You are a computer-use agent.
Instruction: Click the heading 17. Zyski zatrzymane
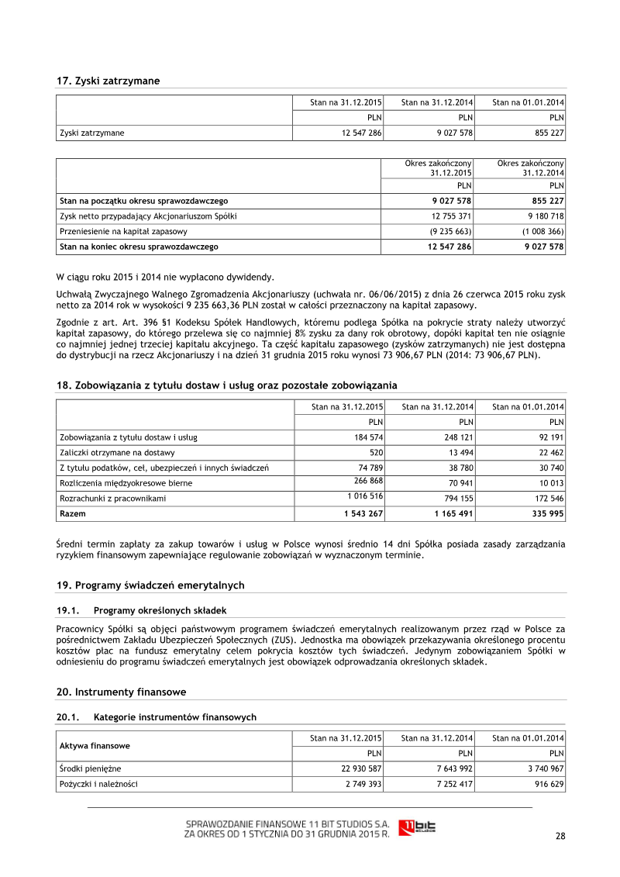pyautogui.click(x=108, y=81)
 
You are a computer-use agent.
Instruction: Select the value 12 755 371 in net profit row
pyautogui.click(x=451, y=216)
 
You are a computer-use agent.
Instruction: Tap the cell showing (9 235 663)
pyautogui.click(x=452, y=231)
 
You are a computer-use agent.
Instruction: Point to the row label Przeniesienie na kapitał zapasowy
pyautogui.click(x=123, y=231)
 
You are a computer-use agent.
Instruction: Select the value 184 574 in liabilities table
pyautogui.click(x=365, y=437)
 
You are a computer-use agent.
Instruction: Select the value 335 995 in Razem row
pyautogui.click(x=546, y=513)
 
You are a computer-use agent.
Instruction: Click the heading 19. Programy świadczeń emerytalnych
pyautogui.click(x=150, y=585)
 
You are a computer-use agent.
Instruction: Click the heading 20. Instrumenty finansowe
pyautogui.click(x=121, y=692)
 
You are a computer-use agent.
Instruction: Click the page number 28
pyautogui.click(x=560, y=836)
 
